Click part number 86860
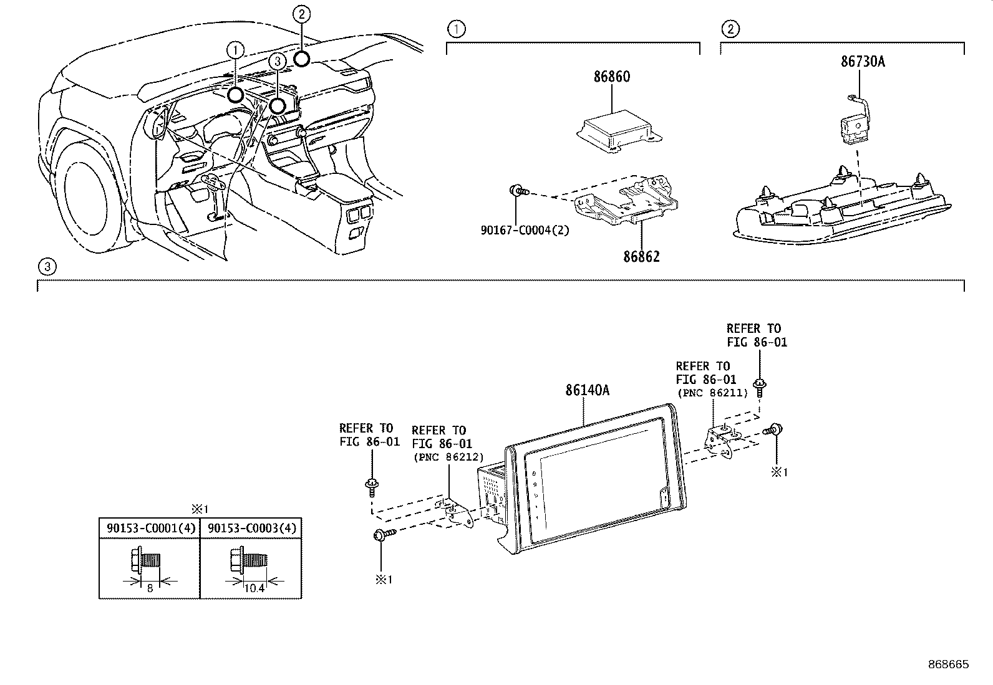[611, 77]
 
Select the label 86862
[641, 257]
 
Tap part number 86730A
[863, 62]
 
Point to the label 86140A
[587, 391]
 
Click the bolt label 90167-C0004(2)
[525, 230]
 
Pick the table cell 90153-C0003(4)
[251, 529]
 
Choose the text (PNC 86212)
[448, 457]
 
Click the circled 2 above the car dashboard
[301, 13]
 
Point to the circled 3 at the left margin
[47, 267]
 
